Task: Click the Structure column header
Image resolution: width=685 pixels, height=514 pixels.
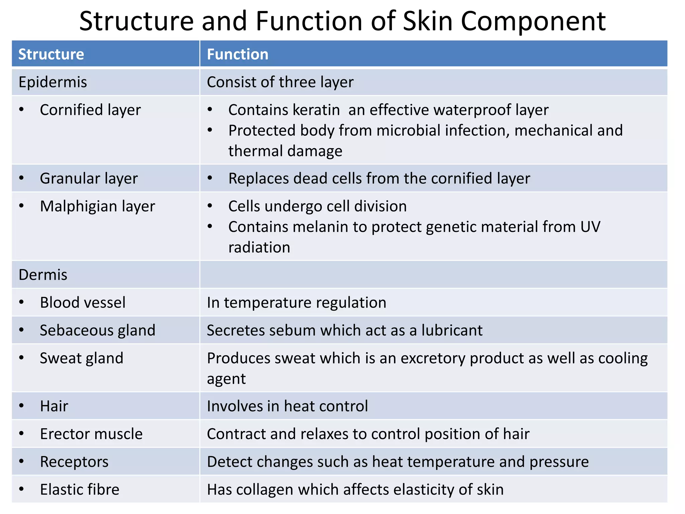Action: tap(51, 54)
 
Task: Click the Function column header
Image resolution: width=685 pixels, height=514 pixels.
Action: tap(237, 54)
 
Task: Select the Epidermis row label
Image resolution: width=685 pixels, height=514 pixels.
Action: tap(53, 82)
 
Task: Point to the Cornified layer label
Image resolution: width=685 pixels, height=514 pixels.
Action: tap(90, 110)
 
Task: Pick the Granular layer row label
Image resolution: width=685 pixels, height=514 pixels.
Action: tap(89, 179)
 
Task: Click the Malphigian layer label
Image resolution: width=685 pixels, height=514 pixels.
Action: tap(97, 206)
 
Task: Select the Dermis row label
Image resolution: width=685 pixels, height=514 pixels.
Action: tap(43, 275)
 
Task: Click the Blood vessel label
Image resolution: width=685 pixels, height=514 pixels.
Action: tap(83, 303)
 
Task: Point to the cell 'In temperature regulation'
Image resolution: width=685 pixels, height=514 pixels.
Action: tap(296, 303)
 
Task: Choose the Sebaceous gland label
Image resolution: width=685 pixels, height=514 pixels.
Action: tap(98, 331)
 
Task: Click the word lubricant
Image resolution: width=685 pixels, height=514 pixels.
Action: tap(452, 331)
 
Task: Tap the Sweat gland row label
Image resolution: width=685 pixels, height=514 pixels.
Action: tap(82, 358)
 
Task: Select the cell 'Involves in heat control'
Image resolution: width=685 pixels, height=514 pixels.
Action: tap(287, 406)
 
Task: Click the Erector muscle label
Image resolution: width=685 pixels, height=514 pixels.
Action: tap(91, 434)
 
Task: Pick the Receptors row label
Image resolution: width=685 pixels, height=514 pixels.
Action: tap(74, 462)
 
